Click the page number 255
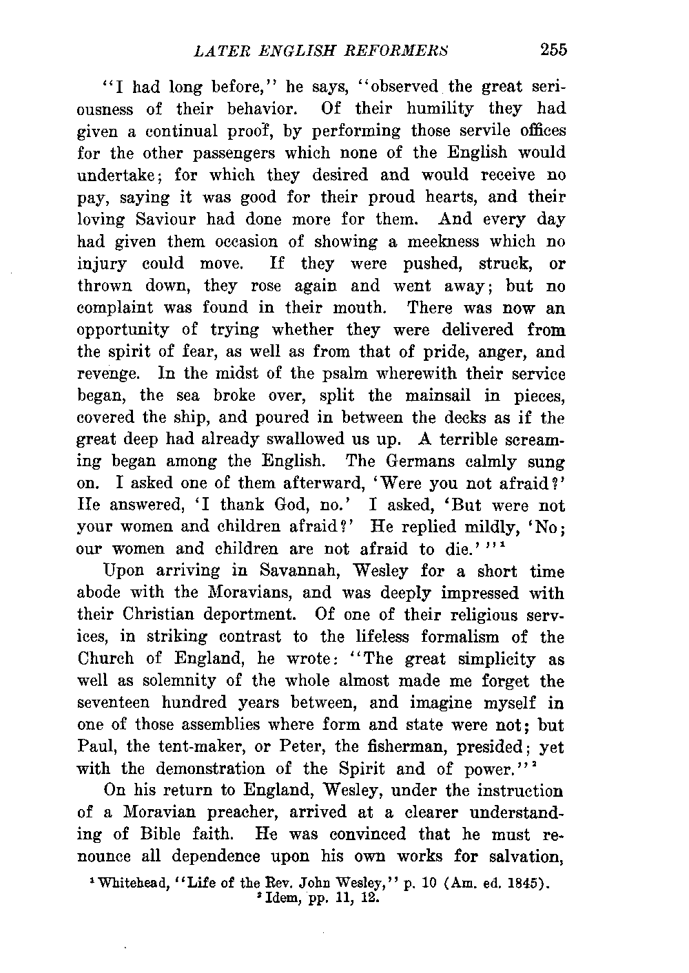point(553,49)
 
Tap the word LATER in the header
point(219,50)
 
